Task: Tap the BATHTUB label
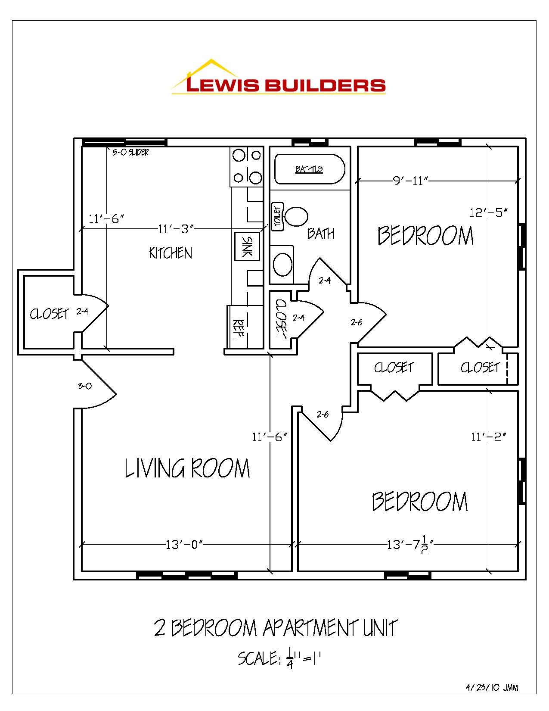pyautogui.click(x=309, y=169)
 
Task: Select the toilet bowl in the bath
pyautogui.click(x=297, y=217)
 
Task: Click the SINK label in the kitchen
pyautogui.click(x=247, y=246)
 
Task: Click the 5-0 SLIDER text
pyautogui.click(x=130, y=153)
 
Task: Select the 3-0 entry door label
pyautogui.click(x=85, y=386)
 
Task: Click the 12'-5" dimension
pyautogui.click(x=488, y=212)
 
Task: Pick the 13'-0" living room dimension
pyautogui.click(x=184, y=545)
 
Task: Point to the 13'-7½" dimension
pyautogui.click(x=409, y=545)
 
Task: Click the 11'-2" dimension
pyautogui.click(x=488, y=437)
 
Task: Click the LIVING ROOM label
pyautogui.click(x=187, y=468)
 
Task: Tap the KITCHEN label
pyautogui.click(x=171, y=253)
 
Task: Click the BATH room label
pyautogui.click(x=321, y=234)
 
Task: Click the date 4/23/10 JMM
pyautogui.click(x=492, y=688)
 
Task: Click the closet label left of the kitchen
pyautogui.click(x=49, y=314)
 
